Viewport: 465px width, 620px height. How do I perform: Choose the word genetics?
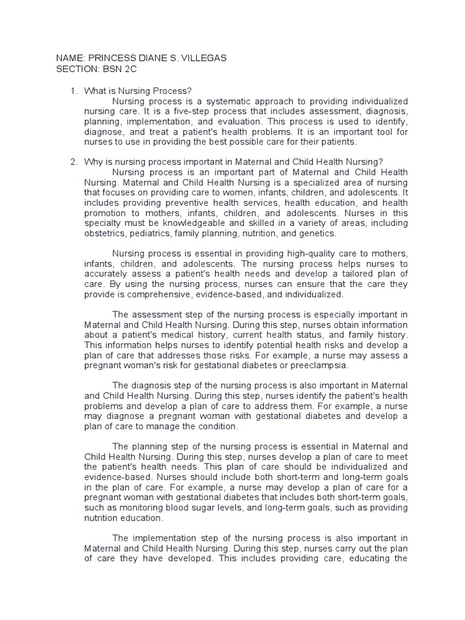(322, 234)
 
